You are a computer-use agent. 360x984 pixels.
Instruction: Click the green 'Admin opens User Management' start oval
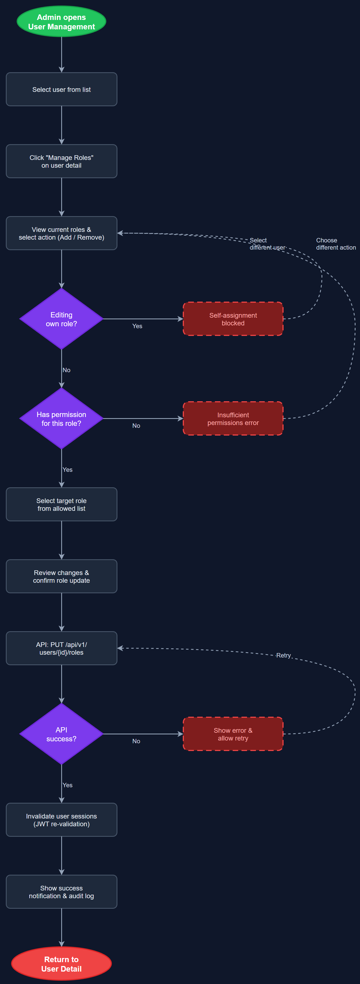coord(61,21)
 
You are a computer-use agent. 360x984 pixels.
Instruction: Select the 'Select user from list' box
coord(61,89)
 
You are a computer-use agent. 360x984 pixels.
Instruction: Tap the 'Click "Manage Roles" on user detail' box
coord(61,161)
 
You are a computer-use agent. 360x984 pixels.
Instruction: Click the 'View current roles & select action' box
coord(61,233)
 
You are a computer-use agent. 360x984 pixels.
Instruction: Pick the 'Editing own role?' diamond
coord(61,319)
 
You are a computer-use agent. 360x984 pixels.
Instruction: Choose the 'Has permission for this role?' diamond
coord(61,419)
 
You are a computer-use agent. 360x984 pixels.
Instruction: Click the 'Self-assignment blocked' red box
coord(233,319)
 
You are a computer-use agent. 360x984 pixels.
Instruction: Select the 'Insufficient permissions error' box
coord(233,419)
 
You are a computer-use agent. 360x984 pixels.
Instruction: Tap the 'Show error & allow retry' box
coord(233,734)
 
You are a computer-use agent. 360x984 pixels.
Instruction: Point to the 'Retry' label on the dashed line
coord(283,655)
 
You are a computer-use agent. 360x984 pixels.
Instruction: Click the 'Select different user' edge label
coord(267,244)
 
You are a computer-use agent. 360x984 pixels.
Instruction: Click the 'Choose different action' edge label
coord(336,244)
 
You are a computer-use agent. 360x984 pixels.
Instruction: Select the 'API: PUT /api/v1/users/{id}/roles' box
coord(61,648)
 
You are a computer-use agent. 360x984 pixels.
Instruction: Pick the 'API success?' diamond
coord(61,734)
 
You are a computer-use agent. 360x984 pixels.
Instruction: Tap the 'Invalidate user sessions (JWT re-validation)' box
coord(61,820)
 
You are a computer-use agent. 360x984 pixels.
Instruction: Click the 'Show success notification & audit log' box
coord(61,892)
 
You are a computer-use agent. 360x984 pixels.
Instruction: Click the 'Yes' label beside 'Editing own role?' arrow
coord(137,326)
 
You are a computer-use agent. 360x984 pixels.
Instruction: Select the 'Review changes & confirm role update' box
coord(61,576)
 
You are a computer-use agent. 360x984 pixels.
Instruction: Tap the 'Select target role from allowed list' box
coord(61,504)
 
